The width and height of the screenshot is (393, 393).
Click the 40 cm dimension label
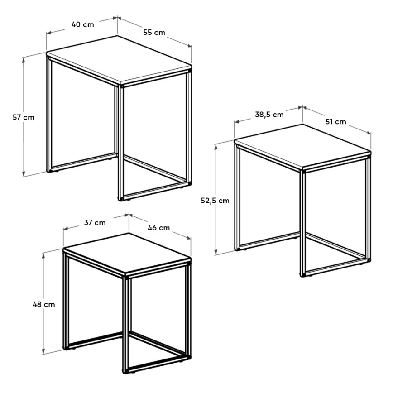[82, 24]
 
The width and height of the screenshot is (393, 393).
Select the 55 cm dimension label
[154, 32]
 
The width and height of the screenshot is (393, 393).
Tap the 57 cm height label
[23, 117]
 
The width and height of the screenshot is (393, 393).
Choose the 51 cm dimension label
[335, 121]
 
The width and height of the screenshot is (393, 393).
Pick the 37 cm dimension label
[95, 222]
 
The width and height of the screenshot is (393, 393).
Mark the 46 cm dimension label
[159, 228]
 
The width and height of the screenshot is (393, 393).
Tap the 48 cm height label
[44, 304]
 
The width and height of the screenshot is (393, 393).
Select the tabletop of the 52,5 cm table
[302, 146]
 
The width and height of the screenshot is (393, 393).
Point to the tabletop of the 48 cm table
[127, 253]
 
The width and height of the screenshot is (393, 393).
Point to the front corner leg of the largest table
[121, 140]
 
